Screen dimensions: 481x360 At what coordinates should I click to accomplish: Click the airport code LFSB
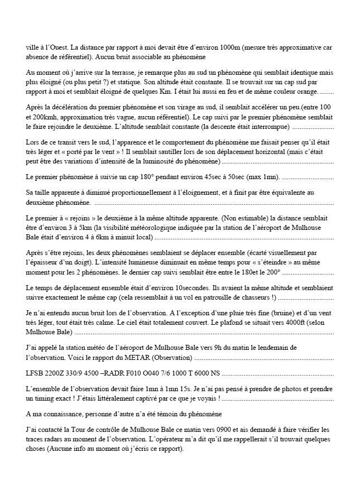36,371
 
